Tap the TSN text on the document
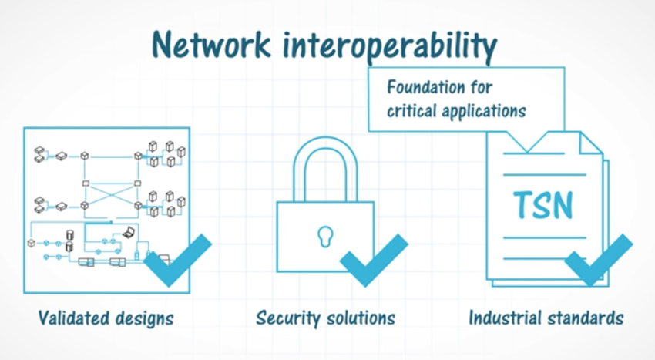click(x=543, y=205)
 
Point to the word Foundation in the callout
click(x=425, y=87)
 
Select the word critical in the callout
click(x=411, y=111)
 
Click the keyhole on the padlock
click(x=325, y=236)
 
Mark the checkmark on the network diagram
click(x=178, y=261)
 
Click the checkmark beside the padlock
click(x=374, y=261)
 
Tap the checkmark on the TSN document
click(x=599, y=261)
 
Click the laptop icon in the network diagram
click(x=129, y=233)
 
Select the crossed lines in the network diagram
click(x=111, y=194)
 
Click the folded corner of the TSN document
click(x=589, y=142)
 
